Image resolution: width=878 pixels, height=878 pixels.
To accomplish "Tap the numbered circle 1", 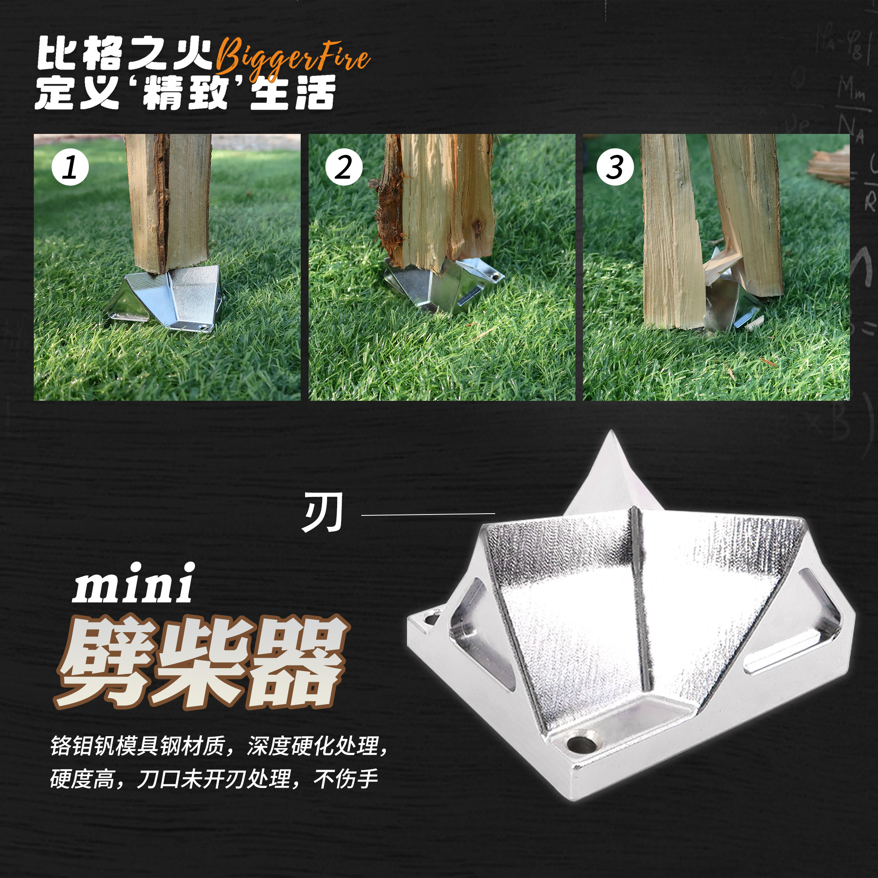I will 70,167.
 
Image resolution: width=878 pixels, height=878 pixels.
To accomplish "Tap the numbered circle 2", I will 344,167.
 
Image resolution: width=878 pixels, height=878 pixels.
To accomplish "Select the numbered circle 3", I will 615,167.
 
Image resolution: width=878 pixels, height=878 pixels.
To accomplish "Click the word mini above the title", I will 133,584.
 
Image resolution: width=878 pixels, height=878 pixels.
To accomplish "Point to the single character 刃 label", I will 322,513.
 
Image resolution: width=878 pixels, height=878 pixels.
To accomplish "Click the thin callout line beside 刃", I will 428,515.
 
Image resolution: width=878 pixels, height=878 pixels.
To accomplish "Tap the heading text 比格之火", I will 125,54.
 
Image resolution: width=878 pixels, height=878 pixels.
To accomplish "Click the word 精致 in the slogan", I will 185,92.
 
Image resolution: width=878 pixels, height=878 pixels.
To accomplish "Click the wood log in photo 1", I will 168,200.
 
